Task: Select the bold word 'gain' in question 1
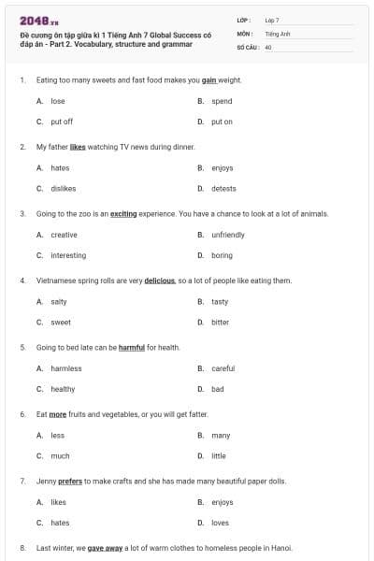(209, 80)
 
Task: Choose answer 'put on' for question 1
(222, 122)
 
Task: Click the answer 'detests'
(223, 188)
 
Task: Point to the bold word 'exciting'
(123, 214)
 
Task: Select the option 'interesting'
(68, 255)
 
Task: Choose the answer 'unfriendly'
(228, 235)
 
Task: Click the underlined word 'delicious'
(159, 280)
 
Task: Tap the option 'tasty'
(220, 302)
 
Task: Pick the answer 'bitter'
(220, 323)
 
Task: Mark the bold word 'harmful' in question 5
(132, 348)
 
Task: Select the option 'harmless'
(66, 368)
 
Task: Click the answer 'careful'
(223, 368)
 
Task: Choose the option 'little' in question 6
(219, 456)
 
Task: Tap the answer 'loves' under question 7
(220, 523)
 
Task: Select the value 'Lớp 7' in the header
(272, 20)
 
